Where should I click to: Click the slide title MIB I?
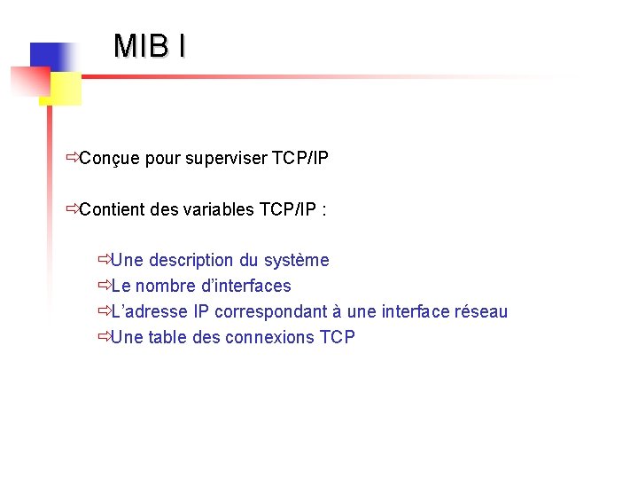point(150,46)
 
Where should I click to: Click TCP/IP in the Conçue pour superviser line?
point(300,159)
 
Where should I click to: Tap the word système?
point(297,260)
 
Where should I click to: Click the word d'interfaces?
point(249,286)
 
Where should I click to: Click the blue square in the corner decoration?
point(50,59)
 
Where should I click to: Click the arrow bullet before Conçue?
point(72,159)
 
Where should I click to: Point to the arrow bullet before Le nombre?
point(105,286)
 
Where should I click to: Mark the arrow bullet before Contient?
point(72,210)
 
